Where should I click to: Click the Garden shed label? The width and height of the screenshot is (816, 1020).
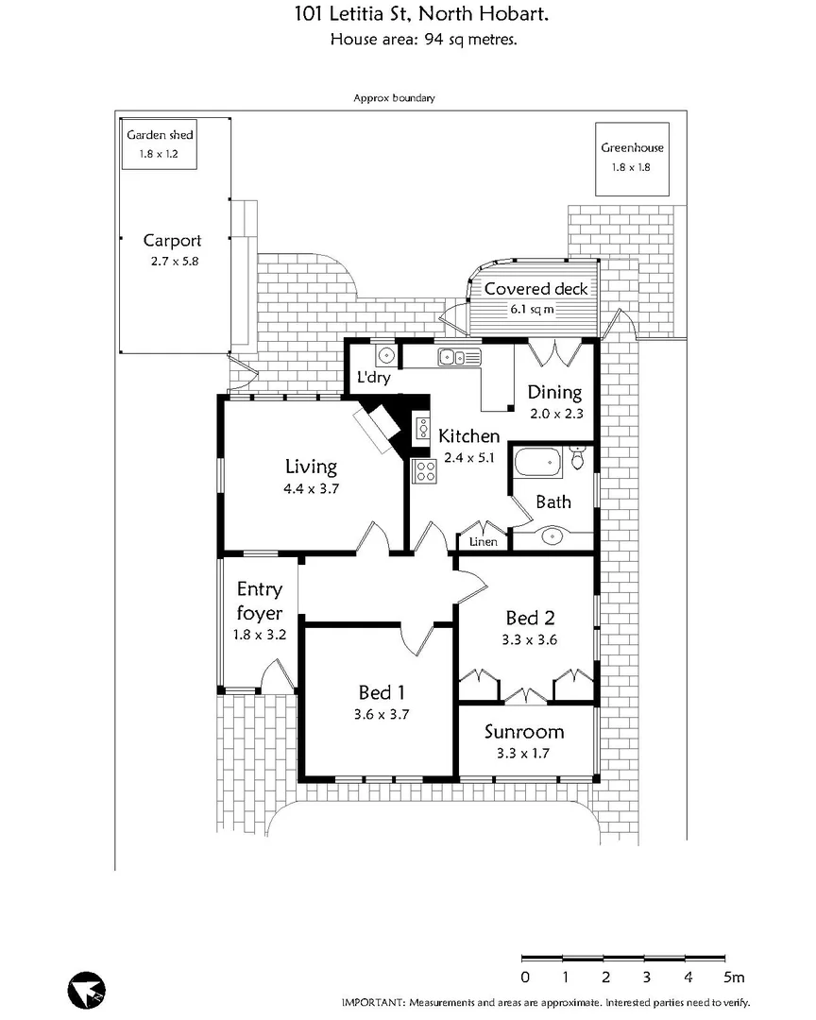160,135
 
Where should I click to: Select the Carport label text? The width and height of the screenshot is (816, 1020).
173,241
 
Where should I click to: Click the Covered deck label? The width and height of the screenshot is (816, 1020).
535,289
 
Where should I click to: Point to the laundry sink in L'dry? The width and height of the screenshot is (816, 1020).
386,356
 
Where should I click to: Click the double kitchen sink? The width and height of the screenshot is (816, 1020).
459,356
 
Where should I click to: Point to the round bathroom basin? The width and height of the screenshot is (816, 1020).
552,536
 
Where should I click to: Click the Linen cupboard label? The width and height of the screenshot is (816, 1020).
484,542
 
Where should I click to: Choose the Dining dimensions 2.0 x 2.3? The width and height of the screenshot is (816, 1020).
554,413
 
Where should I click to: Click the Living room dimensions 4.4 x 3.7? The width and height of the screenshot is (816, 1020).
312,489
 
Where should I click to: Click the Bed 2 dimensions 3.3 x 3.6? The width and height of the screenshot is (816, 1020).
530,639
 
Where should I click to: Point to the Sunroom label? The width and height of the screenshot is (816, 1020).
524,732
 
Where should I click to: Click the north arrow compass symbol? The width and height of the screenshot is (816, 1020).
87,988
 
